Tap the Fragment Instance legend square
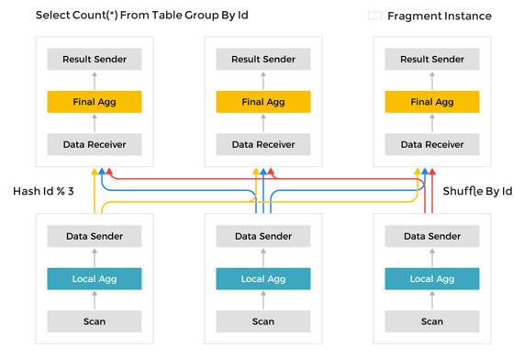pos(374,16)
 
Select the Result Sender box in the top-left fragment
pos(95,59)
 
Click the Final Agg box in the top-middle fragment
pos(263,102)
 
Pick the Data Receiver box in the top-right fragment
pos(432,144)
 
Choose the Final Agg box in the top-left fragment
pos(95,102)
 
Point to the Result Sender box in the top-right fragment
pos(432,59)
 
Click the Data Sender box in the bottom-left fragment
pos(95,236)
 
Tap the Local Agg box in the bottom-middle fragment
pos(263,278)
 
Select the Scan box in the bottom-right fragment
pos(432,321)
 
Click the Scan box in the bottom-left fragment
pos(95,321)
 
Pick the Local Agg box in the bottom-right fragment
pos(432,278)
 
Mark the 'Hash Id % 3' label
pos(42,191)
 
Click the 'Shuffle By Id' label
pos(477,191)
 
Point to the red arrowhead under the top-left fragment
pos(109,172)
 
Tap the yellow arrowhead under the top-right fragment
pos(418,172)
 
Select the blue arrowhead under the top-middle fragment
pos(263,172)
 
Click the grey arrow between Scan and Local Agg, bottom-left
pos(95,300)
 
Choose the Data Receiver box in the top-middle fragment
pos(263,144)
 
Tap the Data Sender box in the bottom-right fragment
pos(432,236)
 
